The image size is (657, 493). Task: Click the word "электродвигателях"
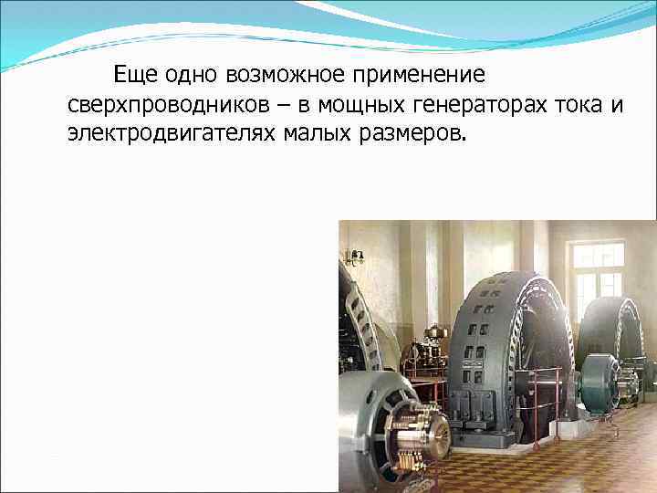tap(170, 134)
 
